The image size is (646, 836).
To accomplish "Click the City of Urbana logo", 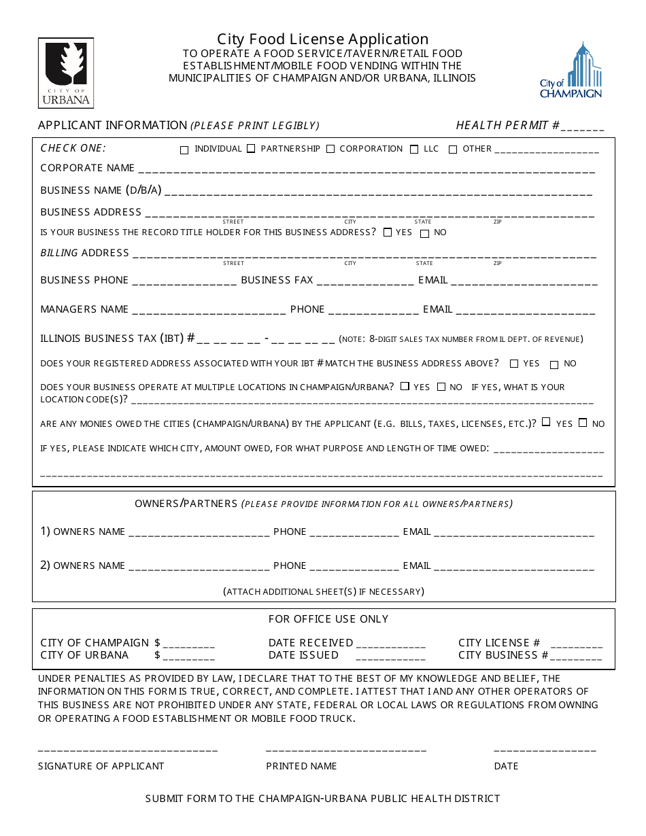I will (x=66, y=73).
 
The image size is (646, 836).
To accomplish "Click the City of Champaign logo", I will (x=571, y=71).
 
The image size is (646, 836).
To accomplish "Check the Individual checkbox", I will (x=184, y=150).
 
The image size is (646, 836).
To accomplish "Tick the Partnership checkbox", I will (x=251, y=149).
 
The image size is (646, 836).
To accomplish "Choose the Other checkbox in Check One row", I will (x=453, y=150).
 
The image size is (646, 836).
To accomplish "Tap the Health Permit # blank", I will (x=583, y=128).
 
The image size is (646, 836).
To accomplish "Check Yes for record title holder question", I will (x=388, y=232).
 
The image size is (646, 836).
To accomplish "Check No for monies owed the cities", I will (x=583, y=423).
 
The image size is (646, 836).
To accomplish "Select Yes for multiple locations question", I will (x=405, y=386).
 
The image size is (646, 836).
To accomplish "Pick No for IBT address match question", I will (x=554, y=364).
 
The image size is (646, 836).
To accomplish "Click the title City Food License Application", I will (x=323, y=39).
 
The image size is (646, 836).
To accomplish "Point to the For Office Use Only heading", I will (x=328, y=619).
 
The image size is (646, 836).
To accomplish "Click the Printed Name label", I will (x=301, y=766).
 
